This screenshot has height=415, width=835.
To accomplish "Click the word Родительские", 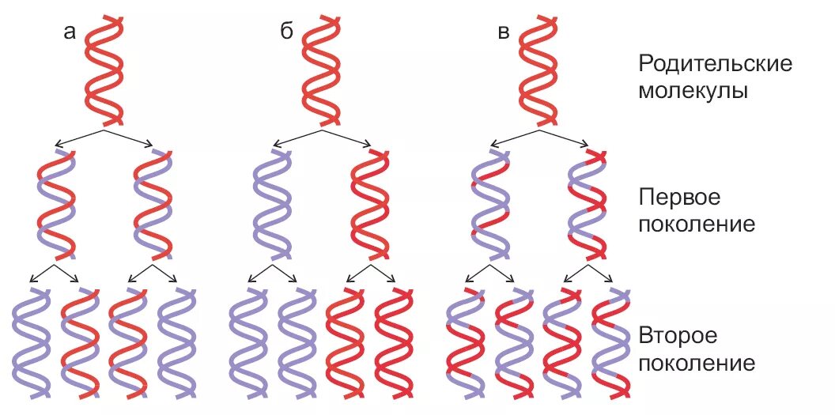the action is pos(715,64).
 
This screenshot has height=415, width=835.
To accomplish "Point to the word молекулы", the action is pos(693,91).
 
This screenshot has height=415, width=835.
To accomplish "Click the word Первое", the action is pos(679,196).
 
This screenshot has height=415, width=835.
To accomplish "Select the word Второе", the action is pos(678,335).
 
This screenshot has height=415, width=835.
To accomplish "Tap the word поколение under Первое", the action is pos(696,224).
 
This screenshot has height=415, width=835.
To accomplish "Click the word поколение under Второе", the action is pos(696,364).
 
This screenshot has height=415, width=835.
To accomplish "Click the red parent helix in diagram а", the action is pos(104,70).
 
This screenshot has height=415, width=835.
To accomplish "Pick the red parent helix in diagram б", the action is pos(321,70).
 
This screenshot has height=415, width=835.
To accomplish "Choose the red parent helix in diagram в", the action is pos(538,70).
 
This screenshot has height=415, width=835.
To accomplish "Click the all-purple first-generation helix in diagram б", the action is pos(272,204).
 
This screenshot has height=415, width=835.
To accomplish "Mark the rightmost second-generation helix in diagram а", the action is pos(177,342).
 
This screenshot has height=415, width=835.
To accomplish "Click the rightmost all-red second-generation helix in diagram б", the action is pos(394,342).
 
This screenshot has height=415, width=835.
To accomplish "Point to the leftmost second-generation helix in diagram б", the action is pos(248,342).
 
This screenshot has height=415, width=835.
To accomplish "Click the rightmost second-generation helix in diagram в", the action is pos(611,342).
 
